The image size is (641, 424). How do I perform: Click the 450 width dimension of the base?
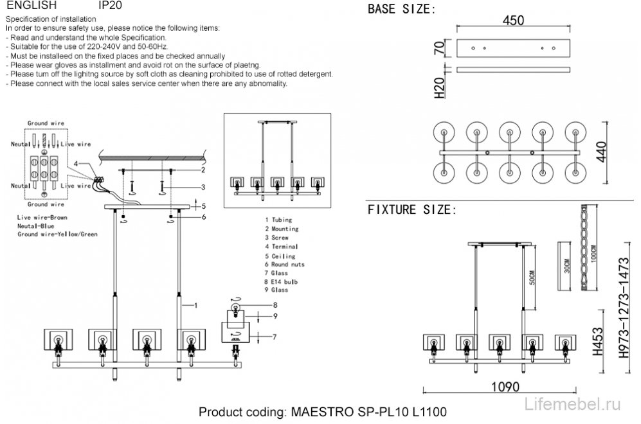click(x=513, y=20)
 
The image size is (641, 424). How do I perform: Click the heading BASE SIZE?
click(x=401, y=10)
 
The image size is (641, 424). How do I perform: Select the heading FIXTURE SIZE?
click(x=412, y=210)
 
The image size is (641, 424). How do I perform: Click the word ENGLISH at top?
click(x=32, y=5)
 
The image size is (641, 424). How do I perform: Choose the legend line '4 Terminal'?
click(x=280, y=247)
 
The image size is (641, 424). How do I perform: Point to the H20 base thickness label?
click(x=440, y=88)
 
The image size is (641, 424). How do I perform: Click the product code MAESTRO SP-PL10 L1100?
click(x=323, y=411)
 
